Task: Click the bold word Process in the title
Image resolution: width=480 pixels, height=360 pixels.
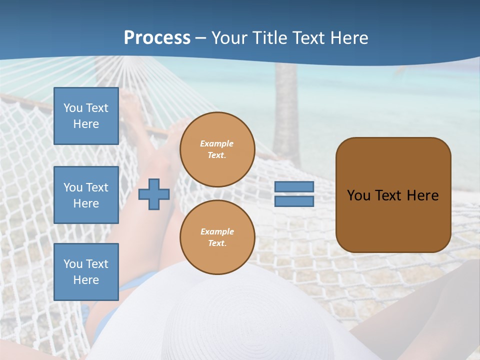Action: (x=157, y=38)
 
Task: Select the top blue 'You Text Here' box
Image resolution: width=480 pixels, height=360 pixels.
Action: (x=86, y=116)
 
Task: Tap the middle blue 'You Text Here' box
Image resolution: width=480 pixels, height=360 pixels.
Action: (x=86, y=195)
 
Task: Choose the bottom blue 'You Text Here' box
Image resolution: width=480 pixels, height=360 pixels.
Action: (x=86, y=272)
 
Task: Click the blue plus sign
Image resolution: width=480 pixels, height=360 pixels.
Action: (x=153, y=194)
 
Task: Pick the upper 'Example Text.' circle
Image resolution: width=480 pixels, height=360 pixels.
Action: (x=217, y=149)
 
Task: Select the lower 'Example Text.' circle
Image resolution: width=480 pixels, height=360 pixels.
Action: (x=217, y=237)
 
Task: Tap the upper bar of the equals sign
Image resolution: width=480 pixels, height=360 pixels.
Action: (x=294, y=187)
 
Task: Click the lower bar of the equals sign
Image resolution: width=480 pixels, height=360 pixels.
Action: (x=294, y=201)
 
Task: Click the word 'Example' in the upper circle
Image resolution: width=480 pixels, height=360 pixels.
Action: (x=217, y=143)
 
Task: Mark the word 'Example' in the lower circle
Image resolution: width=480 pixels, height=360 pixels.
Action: (x=217, y=231)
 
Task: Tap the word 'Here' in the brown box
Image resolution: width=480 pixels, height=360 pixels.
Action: (x=423, y=195)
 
